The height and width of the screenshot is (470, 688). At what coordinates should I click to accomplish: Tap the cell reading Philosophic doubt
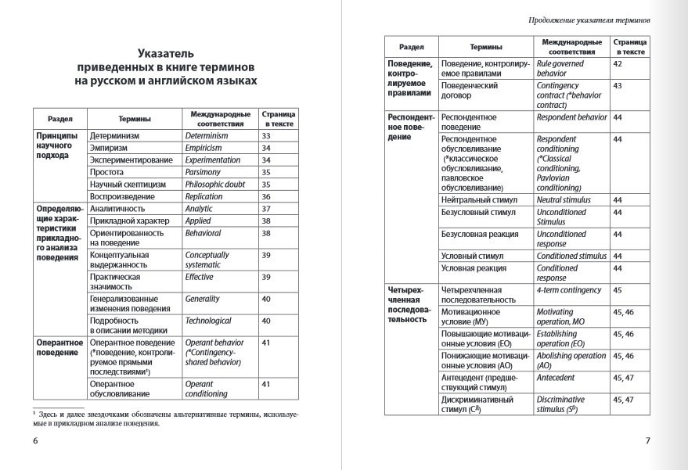pyautogui.click(x=215, y=185)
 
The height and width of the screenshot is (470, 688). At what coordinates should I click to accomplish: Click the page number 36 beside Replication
pyautogui.click(x=265, y=197)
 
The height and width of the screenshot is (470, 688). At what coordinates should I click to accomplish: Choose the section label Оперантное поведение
pyautogui.click(x=58, y=347)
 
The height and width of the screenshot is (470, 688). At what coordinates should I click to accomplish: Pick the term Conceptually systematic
pyautogui.click(x=207, y=260)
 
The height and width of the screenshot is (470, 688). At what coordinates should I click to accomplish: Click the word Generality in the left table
pyautogui.click(x=203, y=299)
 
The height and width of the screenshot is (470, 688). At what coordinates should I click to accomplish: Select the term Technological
pyautogui.click(x=208, y=321)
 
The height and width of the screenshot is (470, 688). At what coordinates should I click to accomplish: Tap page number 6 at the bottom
pyautogui.click(x=35, y=441)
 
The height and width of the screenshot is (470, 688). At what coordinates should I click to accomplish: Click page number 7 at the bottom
pyautogui.click(x=648, y=441)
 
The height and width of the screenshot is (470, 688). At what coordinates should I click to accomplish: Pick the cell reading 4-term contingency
pyautogui.click(x=569, y=290)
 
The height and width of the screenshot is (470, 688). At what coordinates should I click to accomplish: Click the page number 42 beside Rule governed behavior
pyautogui.click(x=618, y=63)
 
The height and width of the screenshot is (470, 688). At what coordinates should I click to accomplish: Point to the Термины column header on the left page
pyautogui.click(x=135, y=119)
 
